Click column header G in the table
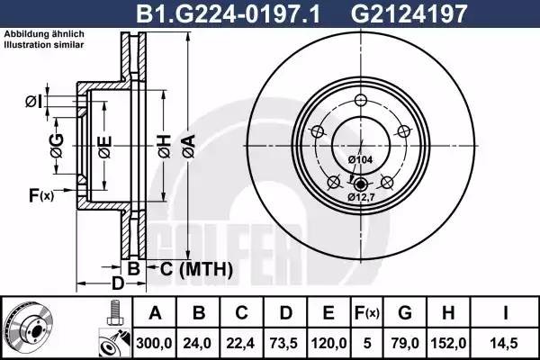405,313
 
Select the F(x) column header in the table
368,313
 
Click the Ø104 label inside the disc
360,159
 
